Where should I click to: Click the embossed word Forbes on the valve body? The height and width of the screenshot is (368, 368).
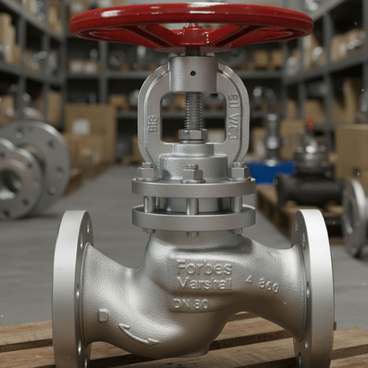coord(204,269)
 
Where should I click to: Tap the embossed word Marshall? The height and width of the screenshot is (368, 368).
coord(204,283)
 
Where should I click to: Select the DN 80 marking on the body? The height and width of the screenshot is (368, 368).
coord(191,304)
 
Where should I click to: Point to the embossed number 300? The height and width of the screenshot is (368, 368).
coord(268,285)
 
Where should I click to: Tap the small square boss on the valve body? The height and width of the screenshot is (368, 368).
coord(103,315)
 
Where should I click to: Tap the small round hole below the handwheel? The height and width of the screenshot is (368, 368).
coord(193,73)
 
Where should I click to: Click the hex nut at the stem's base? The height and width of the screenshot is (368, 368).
coord(193,135)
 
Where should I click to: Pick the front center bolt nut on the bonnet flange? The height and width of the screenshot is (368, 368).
coord(193,174)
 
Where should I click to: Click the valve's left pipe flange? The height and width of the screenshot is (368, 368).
coord(72,291)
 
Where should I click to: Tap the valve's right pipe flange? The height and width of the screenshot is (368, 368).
coord(312,291)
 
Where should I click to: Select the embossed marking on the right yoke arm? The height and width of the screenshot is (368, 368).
coord(233,116)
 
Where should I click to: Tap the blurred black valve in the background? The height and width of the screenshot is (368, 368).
coord(309,190)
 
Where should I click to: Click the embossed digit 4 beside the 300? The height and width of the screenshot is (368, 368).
coord(249,280)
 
